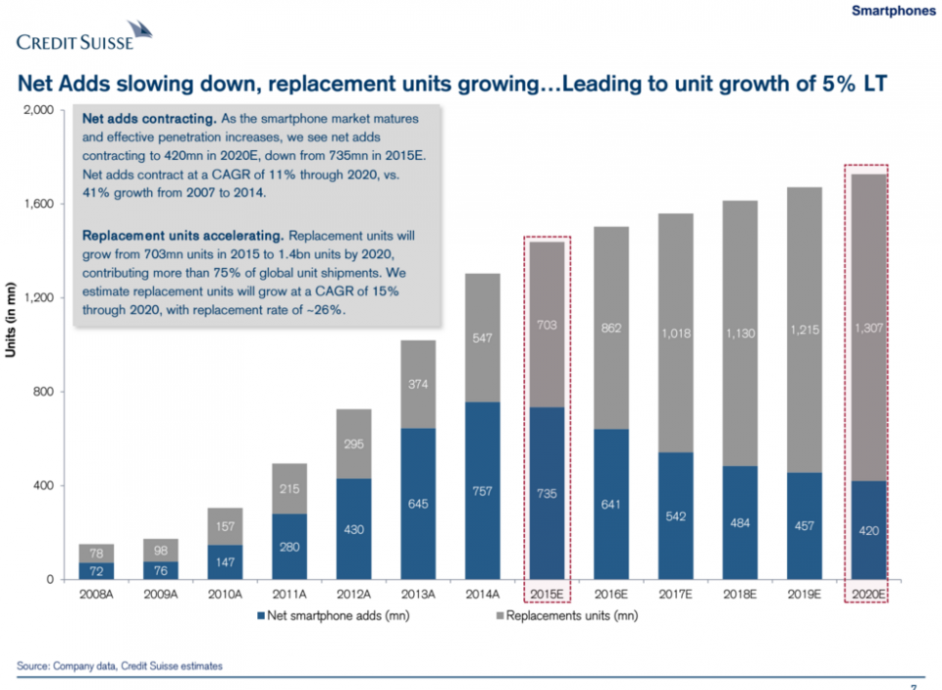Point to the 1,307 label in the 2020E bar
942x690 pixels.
click(867, 330)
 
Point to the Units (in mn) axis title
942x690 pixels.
click(12, 345)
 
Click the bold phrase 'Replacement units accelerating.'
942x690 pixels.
click(183, 237)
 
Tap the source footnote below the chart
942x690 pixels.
click(120, 666)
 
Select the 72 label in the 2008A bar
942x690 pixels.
click(96, 570)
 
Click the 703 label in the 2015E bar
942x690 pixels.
click(547, 323)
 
